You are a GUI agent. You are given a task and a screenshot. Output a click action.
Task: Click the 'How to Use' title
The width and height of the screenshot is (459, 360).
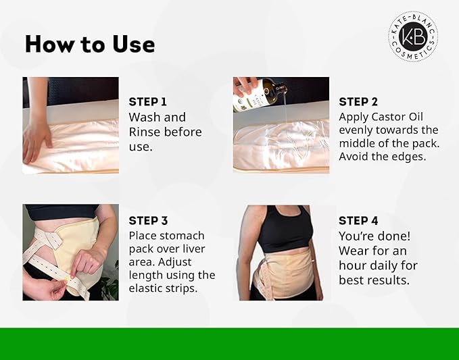tap(90, 45)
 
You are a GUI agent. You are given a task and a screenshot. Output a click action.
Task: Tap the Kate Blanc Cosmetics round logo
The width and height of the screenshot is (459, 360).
tap(413, 36)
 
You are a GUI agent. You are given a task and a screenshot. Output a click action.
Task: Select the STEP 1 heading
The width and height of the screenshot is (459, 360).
tap(148, 102)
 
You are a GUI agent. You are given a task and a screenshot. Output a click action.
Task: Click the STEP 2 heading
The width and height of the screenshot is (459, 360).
tap(358, 102)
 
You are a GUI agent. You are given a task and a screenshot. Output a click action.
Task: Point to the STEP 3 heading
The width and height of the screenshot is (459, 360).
tap(148, 221)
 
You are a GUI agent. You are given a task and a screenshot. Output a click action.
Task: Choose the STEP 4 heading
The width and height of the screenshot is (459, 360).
tap(358, 221)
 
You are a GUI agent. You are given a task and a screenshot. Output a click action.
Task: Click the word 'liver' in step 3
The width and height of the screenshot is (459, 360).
tap(194, 249)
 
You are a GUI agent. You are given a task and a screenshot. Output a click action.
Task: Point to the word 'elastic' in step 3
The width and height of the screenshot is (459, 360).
tap(143, 288)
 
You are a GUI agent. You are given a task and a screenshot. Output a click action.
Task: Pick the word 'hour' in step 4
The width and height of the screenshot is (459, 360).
tap(352, 265)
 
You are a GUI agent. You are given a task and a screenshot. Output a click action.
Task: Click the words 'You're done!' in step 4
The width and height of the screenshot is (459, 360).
tap(375, 236)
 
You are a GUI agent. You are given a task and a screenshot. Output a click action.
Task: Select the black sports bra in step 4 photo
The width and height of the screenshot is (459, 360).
tap(284, 228)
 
